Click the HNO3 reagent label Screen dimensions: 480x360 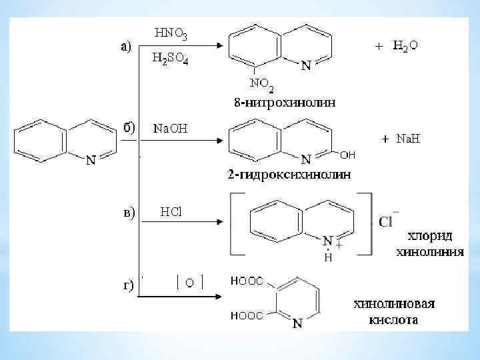click(x=171, y=33)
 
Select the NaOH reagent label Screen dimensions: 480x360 click(x=171, y=128)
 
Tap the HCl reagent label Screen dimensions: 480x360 click(x=171, y=212)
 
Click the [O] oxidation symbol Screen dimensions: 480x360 click(x=189, y=283)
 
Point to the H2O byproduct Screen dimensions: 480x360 click(x=405, y=45)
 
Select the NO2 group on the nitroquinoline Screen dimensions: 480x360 click(x=261, y=85)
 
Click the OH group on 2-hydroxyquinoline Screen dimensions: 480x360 click(x=347, y=155)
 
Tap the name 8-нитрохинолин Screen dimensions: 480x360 click(x=285, y=103)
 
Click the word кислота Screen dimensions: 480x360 click(x=393, y=320)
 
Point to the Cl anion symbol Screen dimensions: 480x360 click(x=389, y=221)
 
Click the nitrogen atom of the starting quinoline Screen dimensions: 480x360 click(x=91, y=160)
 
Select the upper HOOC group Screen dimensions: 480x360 click(x=247, y=281)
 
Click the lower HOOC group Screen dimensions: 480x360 click(x=247, y=315)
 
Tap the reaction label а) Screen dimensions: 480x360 click(x=127, y=45)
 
